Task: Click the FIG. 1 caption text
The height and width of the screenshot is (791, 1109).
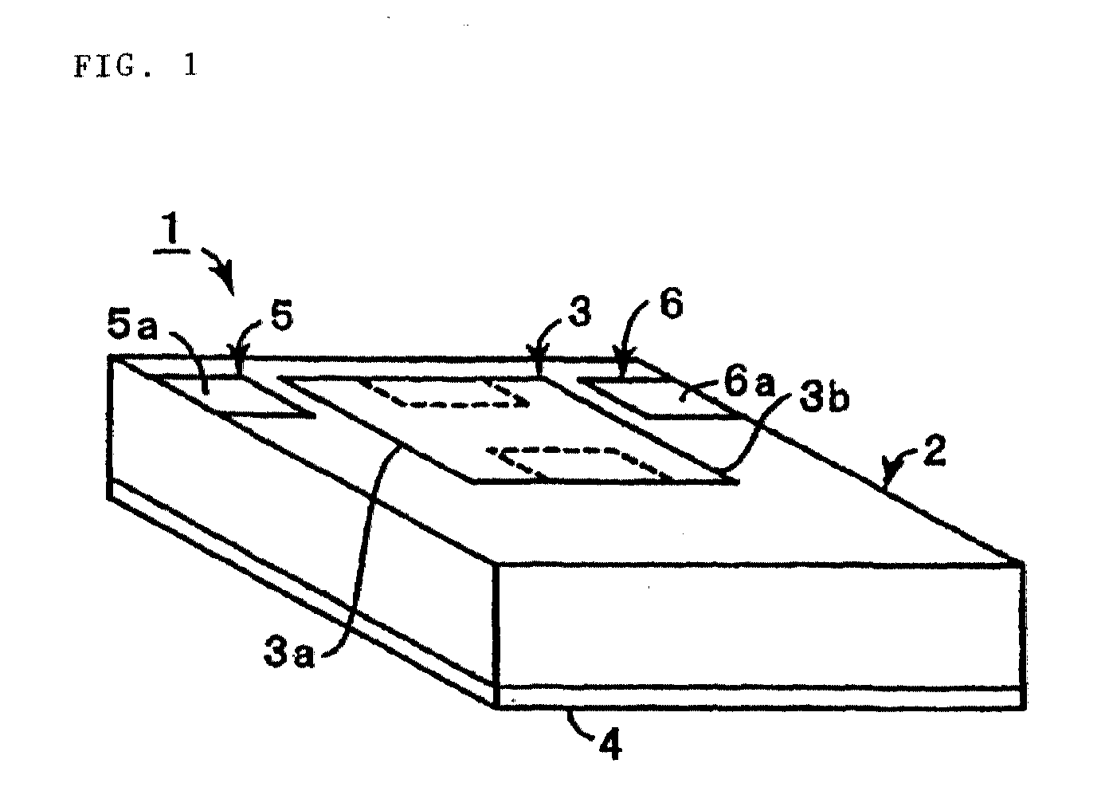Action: tap(135, 65)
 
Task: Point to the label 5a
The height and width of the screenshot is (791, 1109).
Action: tap(131, 327)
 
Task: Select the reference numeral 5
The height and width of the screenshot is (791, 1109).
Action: tap(282, 317)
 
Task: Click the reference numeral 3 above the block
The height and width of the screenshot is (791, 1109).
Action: tap(580, 313)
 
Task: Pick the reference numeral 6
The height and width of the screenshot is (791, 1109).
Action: tap(672, 302)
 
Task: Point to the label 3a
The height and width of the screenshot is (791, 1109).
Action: tap(289, 653)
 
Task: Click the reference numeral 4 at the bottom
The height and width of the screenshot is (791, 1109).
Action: tap(610, 745)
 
